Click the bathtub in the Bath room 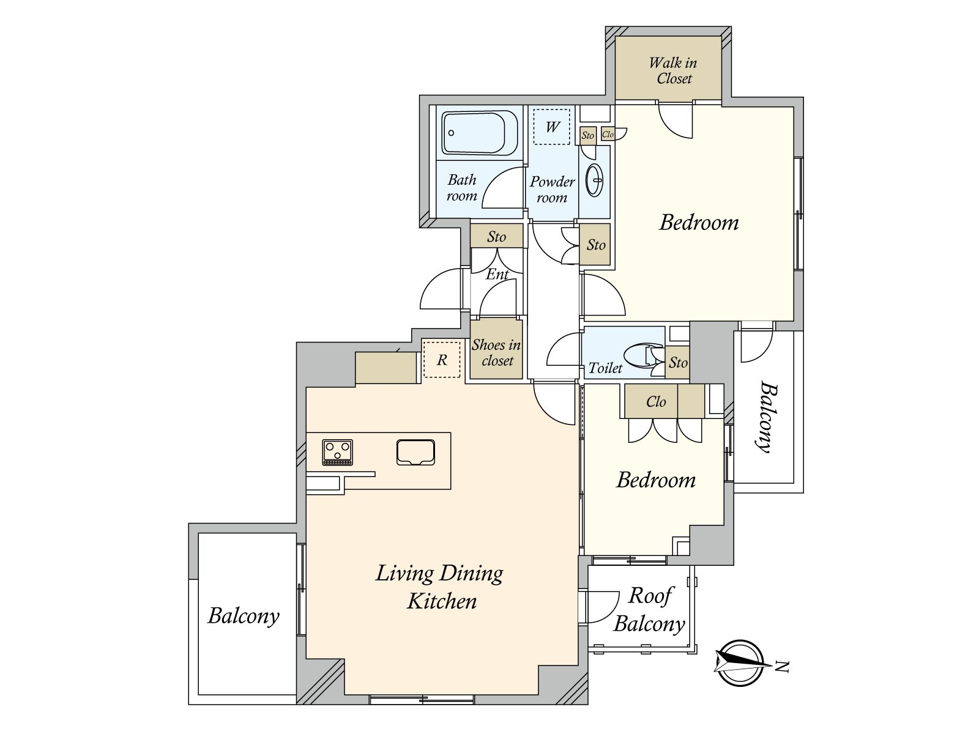pos(480,133)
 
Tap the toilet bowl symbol pos(643,355)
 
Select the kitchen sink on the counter pos(415,453)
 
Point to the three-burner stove pos(337,453)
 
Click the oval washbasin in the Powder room pos(594,180)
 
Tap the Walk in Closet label pos(673,70)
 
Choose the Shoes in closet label pos(496,352)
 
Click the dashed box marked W pos(552,127)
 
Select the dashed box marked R pos(441,360)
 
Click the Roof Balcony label pos(649,610)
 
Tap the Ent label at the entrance pos(497,273)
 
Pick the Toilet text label pos(605,368)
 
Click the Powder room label pos(552,189)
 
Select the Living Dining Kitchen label pos(440,587)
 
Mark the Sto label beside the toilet pos(678,362)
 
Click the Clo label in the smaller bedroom pos(656,401)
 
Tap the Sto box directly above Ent pos(496,235)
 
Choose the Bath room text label pos(462,188)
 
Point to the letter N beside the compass pos(782,667)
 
